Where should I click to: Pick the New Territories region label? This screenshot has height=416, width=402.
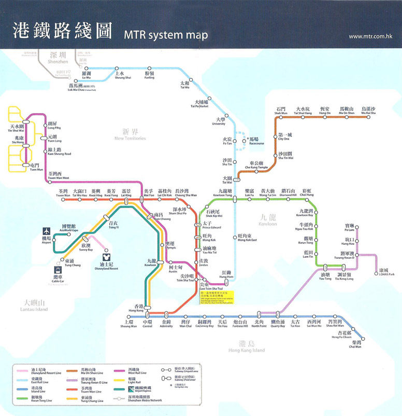(x=130, y=135)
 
